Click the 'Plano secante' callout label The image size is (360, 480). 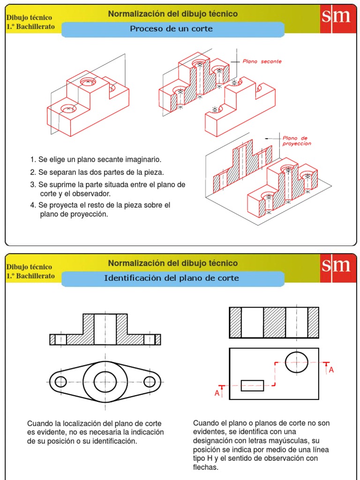(x=262, y=61)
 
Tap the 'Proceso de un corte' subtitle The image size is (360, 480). (x=171, y=29)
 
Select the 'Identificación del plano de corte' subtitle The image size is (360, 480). (x=171, y=278)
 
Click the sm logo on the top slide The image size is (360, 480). (x=336, y=18)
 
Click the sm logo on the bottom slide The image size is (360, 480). (x=336, y=267)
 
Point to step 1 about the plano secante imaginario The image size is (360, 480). (x=96, y=159)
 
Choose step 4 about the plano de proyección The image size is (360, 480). (x=100, y=210)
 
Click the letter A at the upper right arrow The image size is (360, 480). (x=331, y=370)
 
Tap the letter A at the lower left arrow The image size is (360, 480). (x=217, y=393)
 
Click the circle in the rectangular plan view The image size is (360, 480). (x=296, y=361)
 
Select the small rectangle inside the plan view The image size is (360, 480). (x=252, y=386)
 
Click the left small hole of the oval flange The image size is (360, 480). (x=61, y=382)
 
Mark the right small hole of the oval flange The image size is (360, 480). (x=151, y=382)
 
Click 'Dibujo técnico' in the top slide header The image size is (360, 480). (x=29, y=18)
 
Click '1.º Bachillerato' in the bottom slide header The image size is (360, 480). (x=30, y=276)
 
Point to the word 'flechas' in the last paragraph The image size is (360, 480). (x=206, y=467)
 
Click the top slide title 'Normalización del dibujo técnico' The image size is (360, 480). (x=172, y=14)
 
